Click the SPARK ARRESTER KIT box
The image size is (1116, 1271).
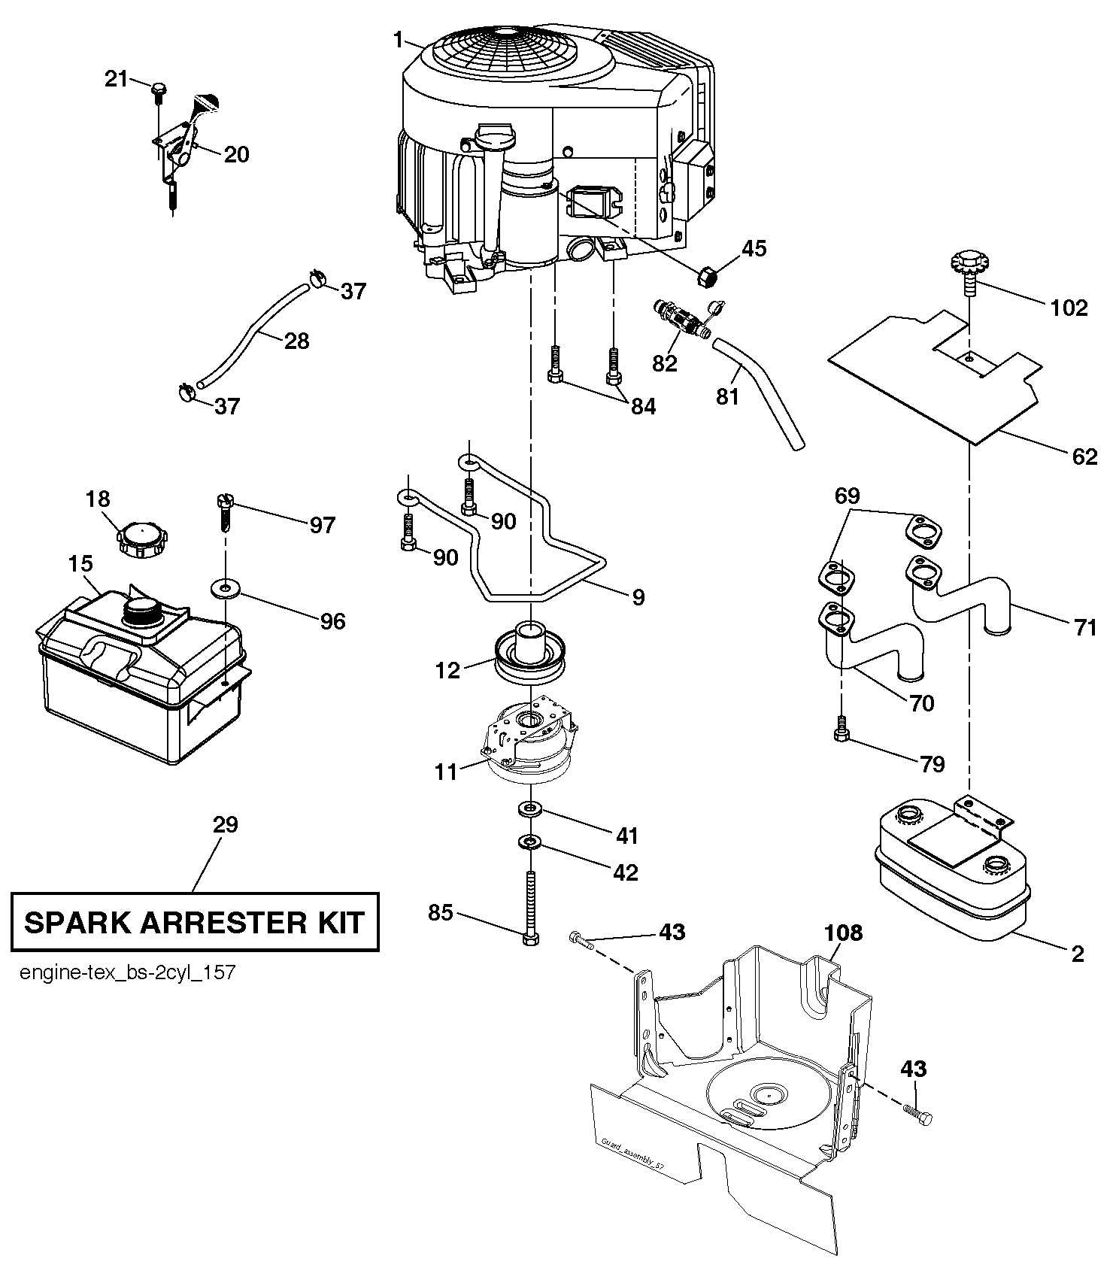click(194, 922)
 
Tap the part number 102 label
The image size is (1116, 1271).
click(1069, 308)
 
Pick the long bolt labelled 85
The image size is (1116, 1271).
click(531, 907)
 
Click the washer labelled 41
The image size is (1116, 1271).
click(531, 809)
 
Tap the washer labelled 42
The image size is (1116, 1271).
click(531, 842)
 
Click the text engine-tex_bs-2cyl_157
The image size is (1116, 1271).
click(128, 973)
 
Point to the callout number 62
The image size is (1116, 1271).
click(1084, 456)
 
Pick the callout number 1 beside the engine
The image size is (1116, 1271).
click(398, 40)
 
